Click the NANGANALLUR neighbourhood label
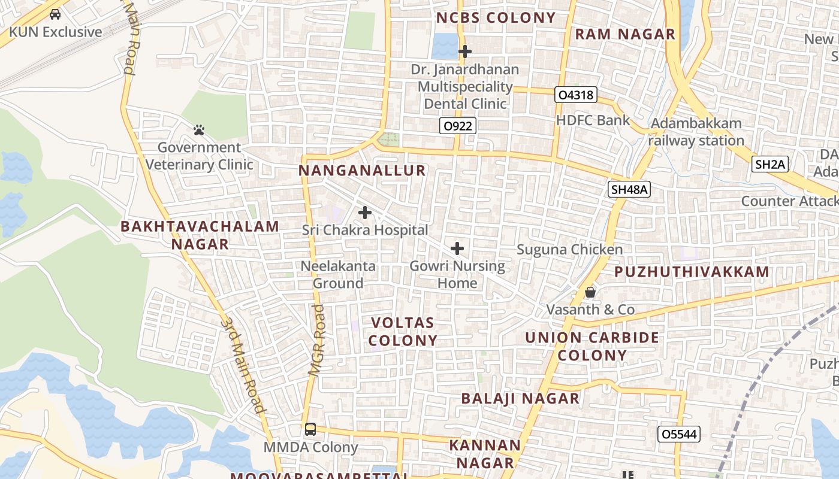362,171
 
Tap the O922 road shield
458,126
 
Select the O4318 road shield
576,95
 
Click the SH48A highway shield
629,190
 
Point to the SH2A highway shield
769,165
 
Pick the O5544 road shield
678,434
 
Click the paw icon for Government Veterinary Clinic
199,130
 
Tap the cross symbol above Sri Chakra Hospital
364,213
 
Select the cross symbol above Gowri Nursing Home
457,248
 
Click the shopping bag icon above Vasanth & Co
590,292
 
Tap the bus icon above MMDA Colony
310,429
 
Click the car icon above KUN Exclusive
55,14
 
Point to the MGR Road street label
318,340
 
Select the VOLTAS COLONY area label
403,332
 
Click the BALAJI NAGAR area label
520,398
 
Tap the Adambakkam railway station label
696,132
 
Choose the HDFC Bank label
593,120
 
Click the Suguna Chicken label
569,249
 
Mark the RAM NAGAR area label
625,34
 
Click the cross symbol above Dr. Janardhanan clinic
464,52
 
